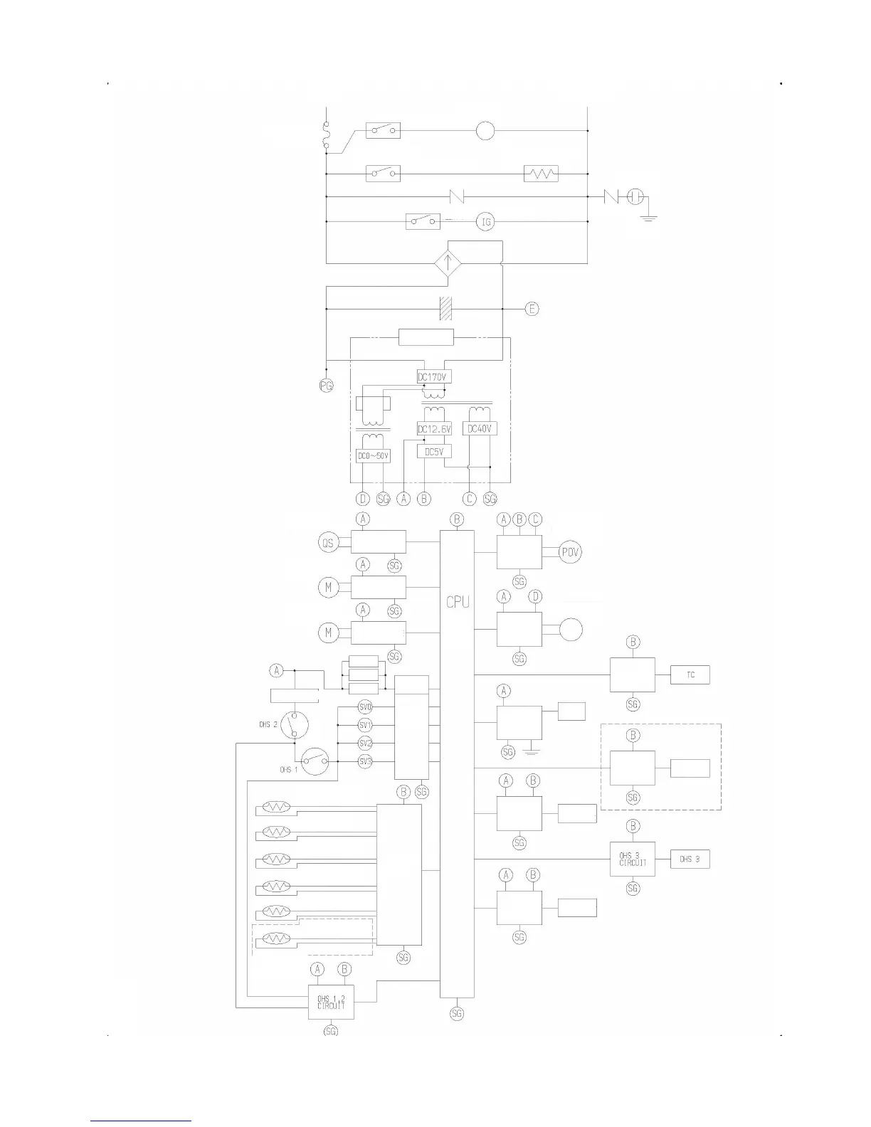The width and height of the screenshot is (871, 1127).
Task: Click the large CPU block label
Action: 458,602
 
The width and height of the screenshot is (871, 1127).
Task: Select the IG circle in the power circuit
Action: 486,222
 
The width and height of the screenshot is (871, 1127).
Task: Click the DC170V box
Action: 434,376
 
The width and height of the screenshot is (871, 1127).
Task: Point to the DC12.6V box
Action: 434,429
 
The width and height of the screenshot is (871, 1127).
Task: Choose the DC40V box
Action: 480,428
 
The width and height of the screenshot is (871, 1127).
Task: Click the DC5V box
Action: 434,451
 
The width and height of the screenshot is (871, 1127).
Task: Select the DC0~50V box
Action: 373,455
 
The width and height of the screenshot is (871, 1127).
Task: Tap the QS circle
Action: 327,543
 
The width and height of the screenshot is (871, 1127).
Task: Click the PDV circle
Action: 570,552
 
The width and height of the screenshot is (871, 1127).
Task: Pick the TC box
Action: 690,674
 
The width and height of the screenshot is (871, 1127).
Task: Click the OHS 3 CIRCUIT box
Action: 633,859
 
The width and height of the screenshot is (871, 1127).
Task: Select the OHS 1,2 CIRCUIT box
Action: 331,1002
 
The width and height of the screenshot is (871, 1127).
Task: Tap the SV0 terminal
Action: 365,707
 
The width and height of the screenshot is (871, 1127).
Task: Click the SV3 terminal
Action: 365,761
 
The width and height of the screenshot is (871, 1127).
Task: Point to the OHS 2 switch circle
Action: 294,725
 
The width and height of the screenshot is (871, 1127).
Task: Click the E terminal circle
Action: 532,309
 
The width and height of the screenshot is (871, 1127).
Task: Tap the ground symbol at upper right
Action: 648,216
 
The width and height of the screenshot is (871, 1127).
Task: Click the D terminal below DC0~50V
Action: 363,499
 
